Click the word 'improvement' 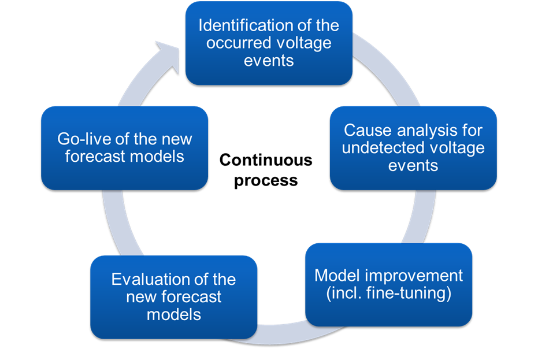[x=414, y=274]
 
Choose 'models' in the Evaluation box [x=174, y=314]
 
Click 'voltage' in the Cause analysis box [x=456, y=148]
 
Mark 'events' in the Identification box [x=269, y=61]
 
